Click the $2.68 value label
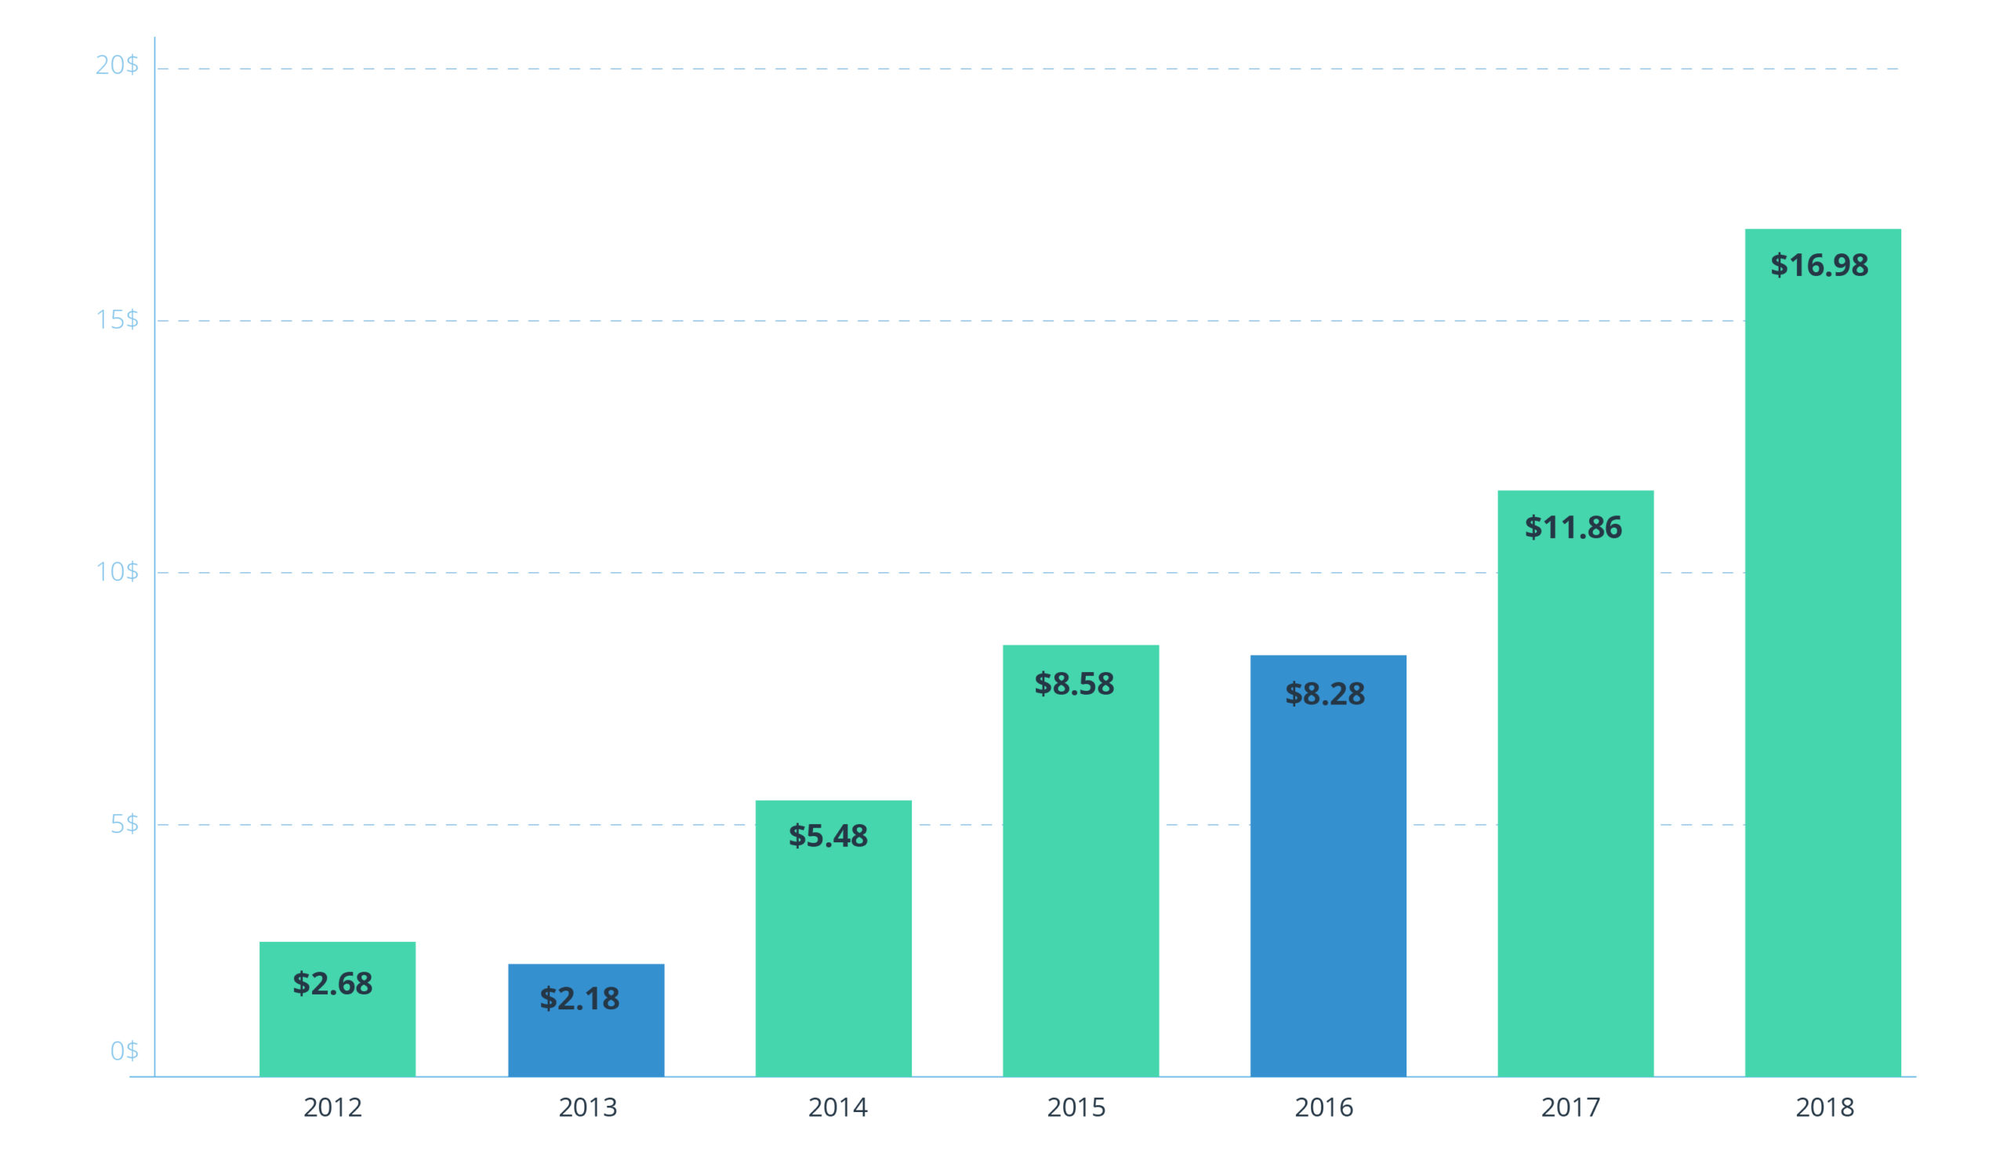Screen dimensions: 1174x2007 [332, 983]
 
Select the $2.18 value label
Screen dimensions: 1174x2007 [579, 999]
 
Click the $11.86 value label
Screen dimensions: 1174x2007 [1573, 527]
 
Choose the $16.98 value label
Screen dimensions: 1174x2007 [1819, 265]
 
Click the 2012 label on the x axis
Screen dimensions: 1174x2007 [332, 1108]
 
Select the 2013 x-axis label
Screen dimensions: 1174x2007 [587, 1108]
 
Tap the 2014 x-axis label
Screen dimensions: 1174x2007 [837, 1108]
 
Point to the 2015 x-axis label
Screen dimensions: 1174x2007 [1076, 1108]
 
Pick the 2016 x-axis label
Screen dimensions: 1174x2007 [1323, 1108]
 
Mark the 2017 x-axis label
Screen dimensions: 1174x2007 [1570, 1108]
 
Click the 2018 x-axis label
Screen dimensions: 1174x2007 [1824, 1108]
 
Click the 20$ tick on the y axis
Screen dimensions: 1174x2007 [116, 65]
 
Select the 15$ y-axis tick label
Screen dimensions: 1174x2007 [116, 320]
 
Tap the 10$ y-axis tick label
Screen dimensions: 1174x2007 [116, 572]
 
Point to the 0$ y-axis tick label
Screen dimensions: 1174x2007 [123, 1052]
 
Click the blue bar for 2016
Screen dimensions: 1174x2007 [1327, 876]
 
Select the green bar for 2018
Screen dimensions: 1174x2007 [1822, 677]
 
